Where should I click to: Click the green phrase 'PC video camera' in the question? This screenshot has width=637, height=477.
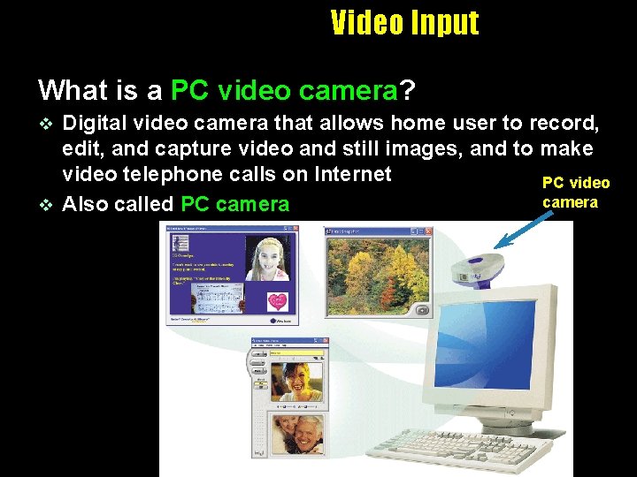[284, 89]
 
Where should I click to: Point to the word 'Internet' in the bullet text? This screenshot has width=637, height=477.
[347, 174]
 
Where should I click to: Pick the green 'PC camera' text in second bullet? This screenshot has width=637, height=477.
[234, 204]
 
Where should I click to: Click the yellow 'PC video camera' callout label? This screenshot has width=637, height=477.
[575, 192]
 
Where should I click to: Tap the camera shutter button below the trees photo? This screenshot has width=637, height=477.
[422, 310]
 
